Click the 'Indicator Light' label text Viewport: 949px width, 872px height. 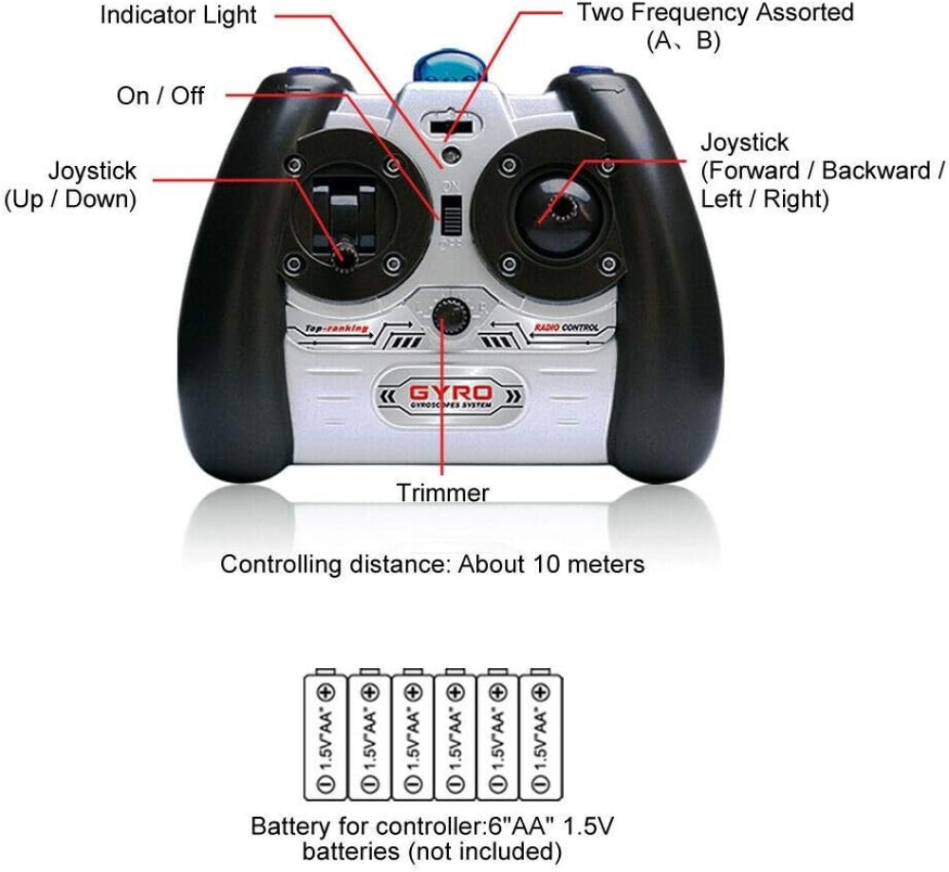click(x=178, y=16)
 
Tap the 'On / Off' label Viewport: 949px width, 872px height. click(x=160, y=95)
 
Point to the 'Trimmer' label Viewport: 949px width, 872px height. click(x=443, y=492)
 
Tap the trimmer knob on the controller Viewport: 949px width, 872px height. click(x=442, y=318)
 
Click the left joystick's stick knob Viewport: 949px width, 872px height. click(x=344, y=252)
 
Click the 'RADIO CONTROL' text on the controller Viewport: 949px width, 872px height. click(x=567, y=328)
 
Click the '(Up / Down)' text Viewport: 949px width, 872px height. click(x=70, y=200)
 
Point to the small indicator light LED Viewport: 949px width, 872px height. click(x=452, y=155)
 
